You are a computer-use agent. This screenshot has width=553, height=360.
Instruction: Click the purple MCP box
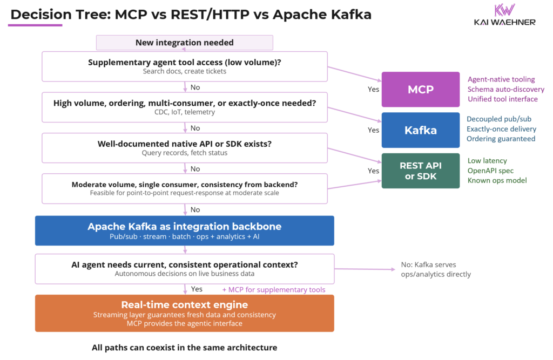coord(420,89)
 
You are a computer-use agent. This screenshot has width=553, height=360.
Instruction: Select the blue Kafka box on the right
coord(420,130)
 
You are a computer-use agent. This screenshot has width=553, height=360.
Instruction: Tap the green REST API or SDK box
coord(420,171)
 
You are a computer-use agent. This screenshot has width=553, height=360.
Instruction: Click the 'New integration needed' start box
coord(184,43)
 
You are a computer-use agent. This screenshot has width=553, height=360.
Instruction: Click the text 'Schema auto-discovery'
coord(505,89)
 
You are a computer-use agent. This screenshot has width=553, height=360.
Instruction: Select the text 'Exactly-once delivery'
coord(501,129)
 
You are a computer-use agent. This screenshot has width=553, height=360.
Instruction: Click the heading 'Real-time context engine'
coord(184,304)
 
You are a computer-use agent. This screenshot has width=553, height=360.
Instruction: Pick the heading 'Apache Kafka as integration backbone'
coord(184,226)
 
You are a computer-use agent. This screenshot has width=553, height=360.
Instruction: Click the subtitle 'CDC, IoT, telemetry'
coord(184,112)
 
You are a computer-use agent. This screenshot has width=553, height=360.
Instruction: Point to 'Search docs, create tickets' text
coord(184,71)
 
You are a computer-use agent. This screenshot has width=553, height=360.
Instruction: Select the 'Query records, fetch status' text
coord(184,153)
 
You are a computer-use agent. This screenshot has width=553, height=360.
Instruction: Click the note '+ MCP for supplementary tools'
coord(273,290)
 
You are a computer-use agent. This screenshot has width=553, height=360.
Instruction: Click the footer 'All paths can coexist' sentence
coord(184,348)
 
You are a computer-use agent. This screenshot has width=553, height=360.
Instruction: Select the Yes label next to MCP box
coord(373,90)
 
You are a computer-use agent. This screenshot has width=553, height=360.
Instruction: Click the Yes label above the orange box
coord(197,289)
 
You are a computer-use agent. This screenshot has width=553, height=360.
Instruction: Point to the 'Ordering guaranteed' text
coord(501,139)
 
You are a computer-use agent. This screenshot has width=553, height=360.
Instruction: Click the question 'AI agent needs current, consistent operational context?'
coord(184,264)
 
